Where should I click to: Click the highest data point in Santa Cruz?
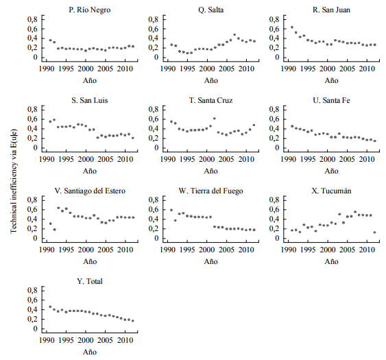215,119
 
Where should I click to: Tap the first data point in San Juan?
292,27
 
